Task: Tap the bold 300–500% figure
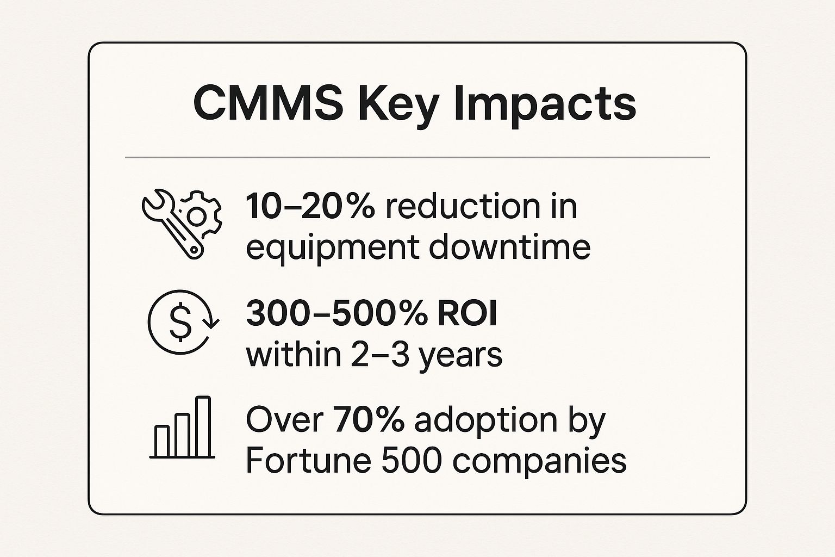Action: click(x=337, y=314)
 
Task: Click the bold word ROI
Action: click(x=468, y=314)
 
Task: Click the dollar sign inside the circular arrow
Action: click(x=180, y=322)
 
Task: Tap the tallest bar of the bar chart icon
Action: click(x=203, y=426)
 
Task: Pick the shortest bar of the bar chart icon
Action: click(x=161, y=441)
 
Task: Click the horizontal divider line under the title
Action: click(x=417, y=157)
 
